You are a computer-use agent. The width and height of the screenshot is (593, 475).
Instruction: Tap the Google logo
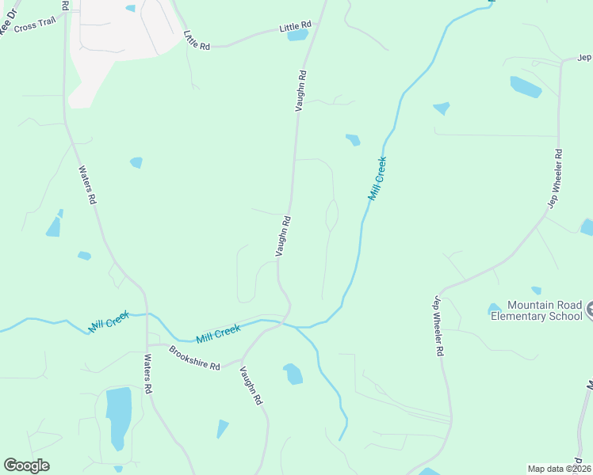pos(26,465)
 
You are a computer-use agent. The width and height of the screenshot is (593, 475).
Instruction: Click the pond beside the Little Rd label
pos(297,35)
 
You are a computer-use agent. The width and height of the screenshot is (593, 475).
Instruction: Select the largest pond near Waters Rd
pos(119,415)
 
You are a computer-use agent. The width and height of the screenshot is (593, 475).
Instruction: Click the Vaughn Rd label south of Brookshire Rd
pos(251,387)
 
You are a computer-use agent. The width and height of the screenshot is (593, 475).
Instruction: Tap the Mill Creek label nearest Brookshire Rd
pos(218,333)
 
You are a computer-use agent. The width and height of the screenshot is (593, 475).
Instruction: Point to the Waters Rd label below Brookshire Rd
pos(147,374)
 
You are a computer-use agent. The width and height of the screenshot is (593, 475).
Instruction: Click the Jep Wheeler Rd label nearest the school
pos(438,325)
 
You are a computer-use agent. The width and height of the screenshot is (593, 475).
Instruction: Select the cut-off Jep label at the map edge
pos(584,58)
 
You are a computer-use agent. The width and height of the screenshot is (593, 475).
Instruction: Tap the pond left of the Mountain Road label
pos(494,308)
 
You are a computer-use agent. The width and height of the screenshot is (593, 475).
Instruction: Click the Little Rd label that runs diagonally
pos(196,40)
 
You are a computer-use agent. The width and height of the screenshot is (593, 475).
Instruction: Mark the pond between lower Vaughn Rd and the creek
pos(293,374)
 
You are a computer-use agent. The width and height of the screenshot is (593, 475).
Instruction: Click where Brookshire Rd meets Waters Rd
pos(147,346)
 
